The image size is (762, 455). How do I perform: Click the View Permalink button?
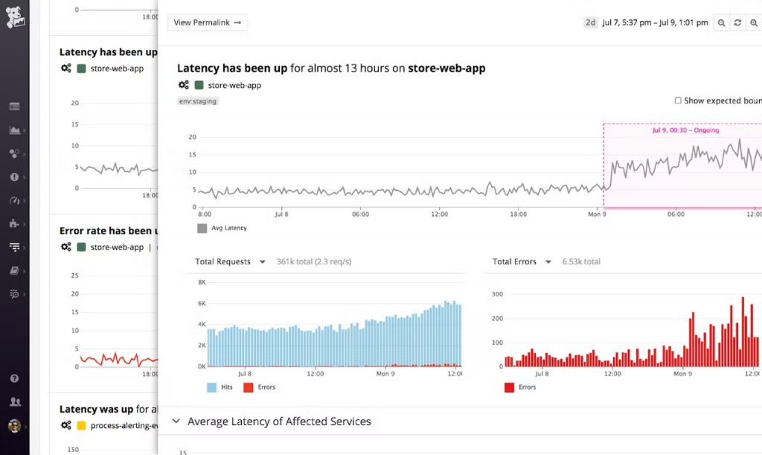point(208,22)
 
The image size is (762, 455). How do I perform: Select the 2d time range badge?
point(590,22)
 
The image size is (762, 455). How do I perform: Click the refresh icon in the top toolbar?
point(737,23)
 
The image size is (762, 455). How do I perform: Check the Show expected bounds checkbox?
point(678,101)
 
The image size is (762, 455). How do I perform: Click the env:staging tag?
point(198,101)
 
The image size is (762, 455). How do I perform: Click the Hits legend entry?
point(220,387)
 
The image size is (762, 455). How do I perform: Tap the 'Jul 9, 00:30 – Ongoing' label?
point(685,130)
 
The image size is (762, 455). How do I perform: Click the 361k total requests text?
point(313,262)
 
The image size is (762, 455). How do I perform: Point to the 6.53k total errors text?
point(581,262)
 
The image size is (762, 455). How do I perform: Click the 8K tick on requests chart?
point(200,283)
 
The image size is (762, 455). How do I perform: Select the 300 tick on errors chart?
point(498,295)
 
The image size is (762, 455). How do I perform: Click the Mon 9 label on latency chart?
point(598,214)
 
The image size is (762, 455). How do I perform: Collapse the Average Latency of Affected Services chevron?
point(176,421)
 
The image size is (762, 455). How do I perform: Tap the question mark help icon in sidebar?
point(14,378)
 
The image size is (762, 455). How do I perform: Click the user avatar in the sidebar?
point(14,426)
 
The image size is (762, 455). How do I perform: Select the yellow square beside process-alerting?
point(81,426)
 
